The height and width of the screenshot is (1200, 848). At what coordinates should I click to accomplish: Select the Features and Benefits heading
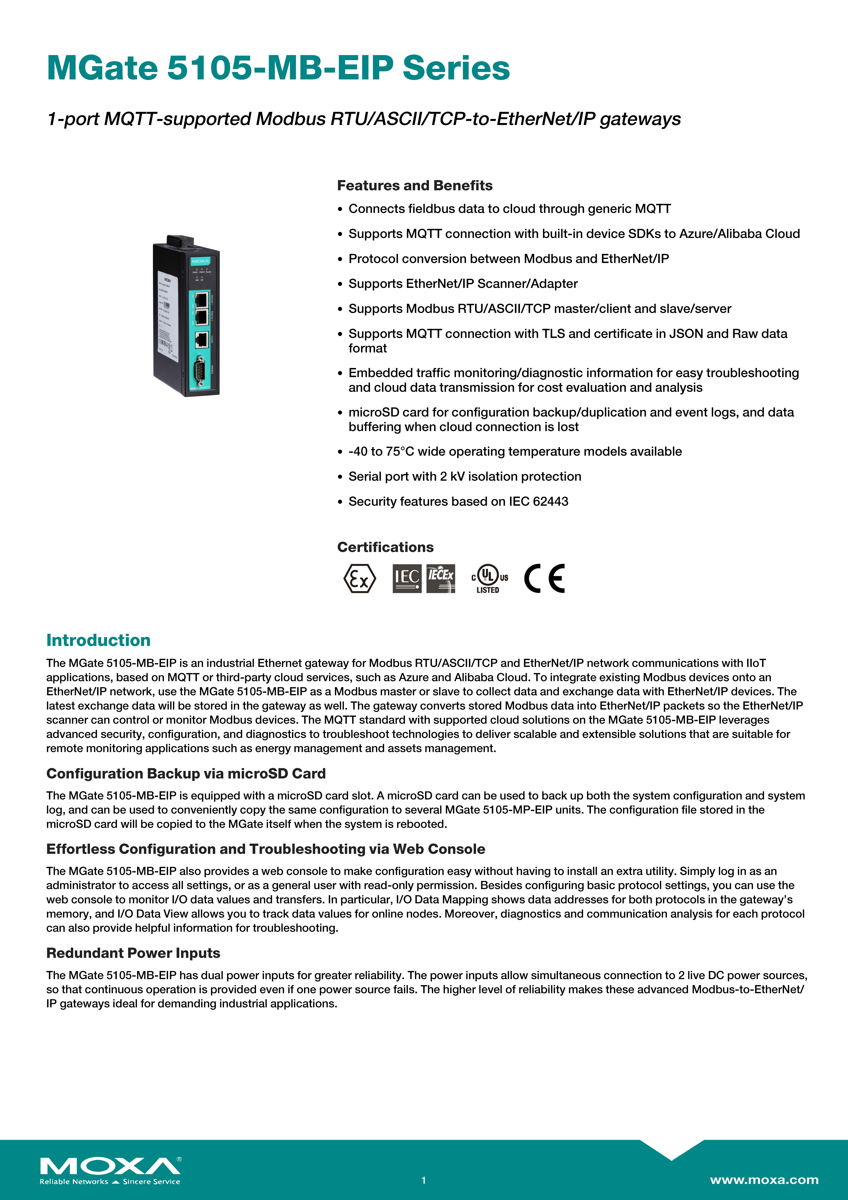[414, 186]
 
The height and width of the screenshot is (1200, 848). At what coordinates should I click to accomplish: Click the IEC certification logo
[406, 579]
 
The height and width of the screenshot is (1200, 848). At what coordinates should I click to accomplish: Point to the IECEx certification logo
[440, 579]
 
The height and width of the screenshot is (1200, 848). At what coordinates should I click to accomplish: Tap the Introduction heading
[98, 640]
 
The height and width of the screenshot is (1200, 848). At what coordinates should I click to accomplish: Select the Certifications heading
[385, 547]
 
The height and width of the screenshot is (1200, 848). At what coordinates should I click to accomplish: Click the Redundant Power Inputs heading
[133, 953]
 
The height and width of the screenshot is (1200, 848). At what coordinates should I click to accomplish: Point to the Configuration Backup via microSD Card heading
[186, 774]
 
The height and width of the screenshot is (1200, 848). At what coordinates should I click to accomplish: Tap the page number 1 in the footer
[424, 1180]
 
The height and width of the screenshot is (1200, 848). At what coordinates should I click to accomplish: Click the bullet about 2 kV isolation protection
[464, 477]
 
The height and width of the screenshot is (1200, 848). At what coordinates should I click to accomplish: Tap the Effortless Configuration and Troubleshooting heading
[265, 849]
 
